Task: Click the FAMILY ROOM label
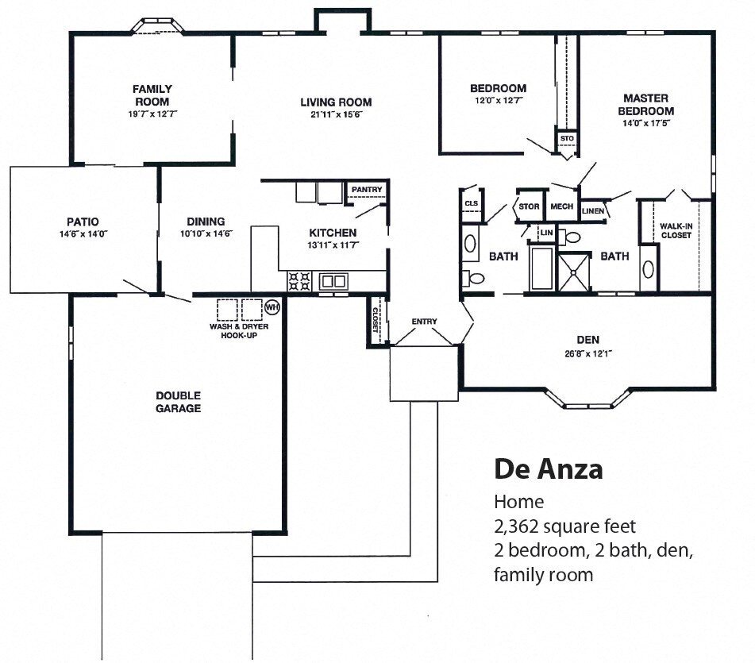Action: point(152,95)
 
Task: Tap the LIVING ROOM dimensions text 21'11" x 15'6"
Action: point(335,114)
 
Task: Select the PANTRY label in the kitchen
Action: point(367,190)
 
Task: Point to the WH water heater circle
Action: point(272,306)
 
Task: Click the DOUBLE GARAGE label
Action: point(178,402)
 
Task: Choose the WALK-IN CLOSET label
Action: point(676,230)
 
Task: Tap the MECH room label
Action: point(561,206)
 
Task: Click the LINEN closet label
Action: point(592,211)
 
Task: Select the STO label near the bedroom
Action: point(566,139)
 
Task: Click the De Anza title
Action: point(548,468)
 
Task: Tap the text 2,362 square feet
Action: point(564,526)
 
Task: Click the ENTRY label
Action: point(424,322)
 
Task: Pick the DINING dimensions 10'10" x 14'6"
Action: point(206,233)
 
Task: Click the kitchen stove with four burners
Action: point(299,280)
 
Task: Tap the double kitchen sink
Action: point(333,280)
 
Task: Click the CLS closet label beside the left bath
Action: point(471,204)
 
